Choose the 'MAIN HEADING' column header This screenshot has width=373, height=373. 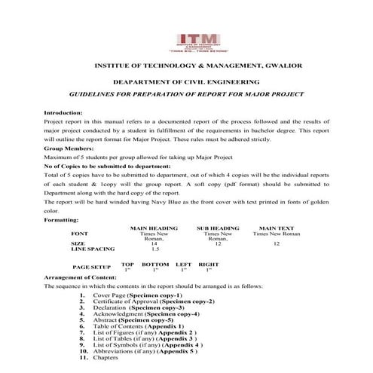pos(153,227)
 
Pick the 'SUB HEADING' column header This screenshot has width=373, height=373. pos(218,227)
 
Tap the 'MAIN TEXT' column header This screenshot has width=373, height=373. pos(277,227)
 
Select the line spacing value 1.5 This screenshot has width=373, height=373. pos(154,249)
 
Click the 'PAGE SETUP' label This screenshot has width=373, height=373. pos(91,267)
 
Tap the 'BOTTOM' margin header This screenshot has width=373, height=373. pos(155,264)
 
